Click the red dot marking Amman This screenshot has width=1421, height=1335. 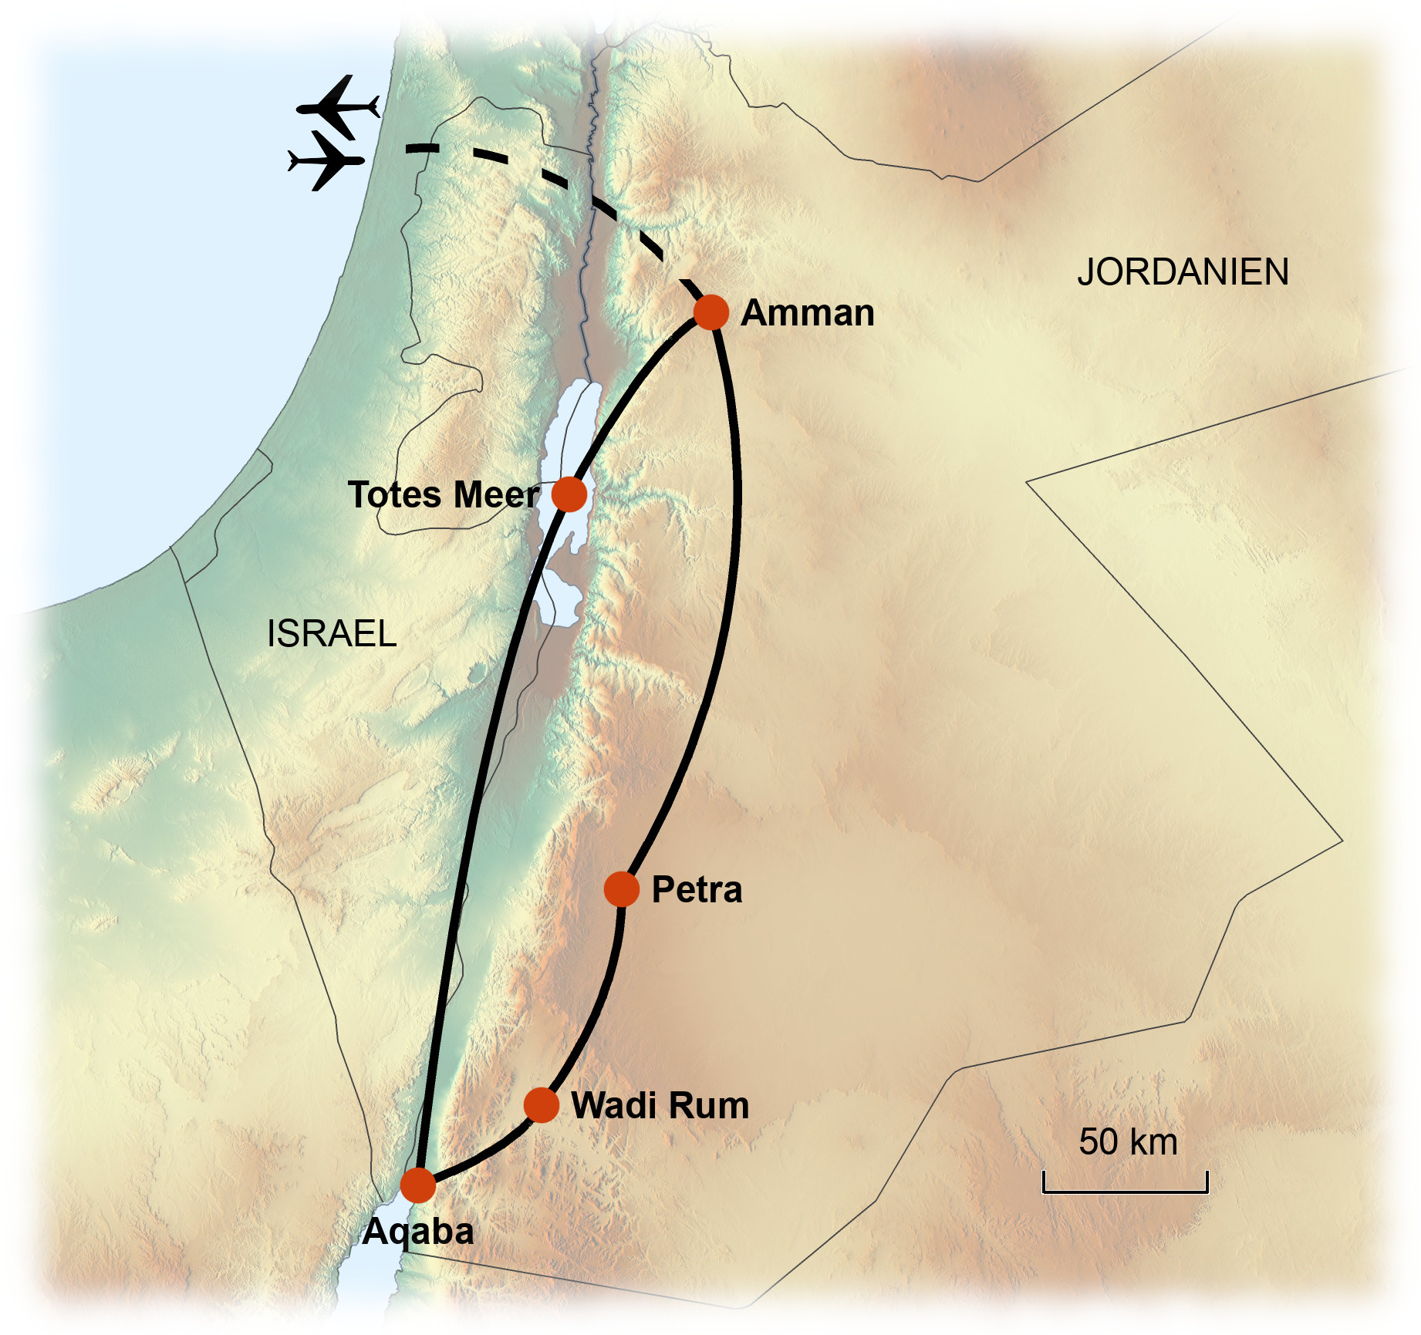[x=710, y=312]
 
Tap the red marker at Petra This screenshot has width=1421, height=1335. [x=621, y=889]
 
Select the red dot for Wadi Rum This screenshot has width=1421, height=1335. [x=541, y=1105]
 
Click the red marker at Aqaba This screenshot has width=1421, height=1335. [x=418, y=1185]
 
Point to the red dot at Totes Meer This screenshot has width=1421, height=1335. [x=569, y=494]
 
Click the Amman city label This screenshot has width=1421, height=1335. [x=807, y=313]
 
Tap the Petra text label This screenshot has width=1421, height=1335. [x=697, y=890]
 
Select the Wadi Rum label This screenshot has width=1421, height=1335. [x=660, y=1105]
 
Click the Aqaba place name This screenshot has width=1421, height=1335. [x=418, y=1232]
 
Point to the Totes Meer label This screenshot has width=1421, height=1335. [x=443, y=494]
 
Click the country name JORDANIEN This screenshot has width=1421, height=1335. [x=1183, y=272]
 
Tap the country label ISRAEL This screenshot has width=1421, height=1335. [x=332, y=634]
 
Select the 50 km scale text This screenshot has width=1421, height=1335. [x=1128, y=1142]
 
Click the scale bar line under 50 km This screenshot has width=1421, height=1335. [x=1125, y=1192]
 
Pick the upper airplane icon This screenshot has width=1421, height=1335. [x=338, y=106]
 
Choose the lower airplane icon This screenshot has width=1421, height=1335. [x=326, y=160]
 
